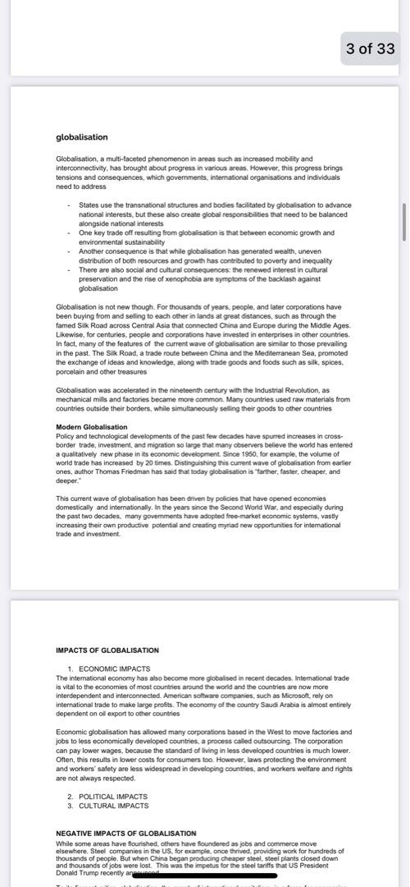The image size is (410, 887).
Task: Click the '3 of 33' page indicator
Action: (371, 48)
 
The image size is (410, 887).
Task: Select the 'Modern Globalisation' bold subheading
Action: (91, 427)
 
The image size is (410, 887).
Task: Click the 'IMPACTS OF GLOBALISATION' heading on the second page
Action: (107, 650)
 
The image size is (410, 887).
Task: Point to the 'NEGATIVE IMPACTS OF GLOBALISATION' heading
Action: (126, 833)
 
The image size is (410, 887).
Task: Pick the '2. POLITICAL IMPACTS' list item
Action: (107, 796)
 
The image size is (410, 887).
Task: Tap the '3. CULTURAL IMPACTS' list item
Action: (108, 806)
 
